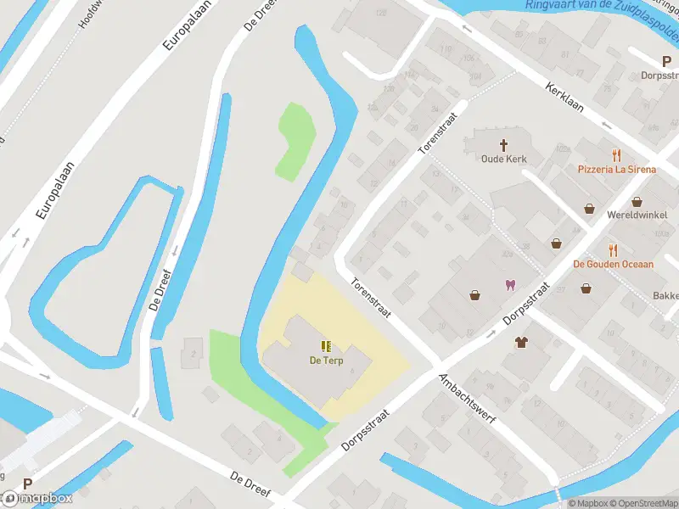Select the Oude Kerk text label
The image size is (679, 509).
click(504, 159)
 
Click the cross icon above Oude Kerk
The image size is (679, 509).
click(504, 145)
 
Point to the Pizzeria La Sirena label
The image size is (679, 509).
click(617, 169)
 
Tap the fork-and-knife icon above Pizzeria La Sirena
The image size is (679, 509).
click(617, 155)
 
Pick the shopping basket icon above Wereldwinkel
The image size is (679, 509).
click(589, 208)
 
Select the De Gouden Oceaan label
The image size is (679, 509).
click(614, 264)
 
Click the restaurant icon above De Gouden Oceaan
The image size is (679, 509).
click(613, 250)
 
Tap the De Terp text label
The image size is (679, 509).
click(326, 360)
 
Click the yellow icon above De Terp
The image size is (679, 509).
click(326, 345)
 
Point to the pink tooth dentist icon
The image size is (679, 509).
click(510, 285)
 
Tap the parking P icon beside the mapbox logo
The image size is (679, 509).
click(27, 484)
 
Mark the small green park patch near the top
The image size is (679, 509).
click(296, 141)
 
